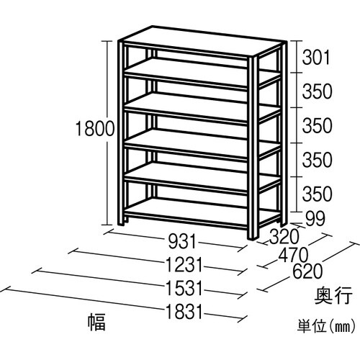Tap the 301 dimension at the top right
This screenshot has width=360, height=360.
click(x=318, y=55)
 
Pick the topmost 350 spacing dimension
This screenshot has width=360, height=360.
click(x=318, y=92)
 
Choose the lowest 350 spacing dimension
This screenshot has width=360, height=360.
click(x=318, y=193)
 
